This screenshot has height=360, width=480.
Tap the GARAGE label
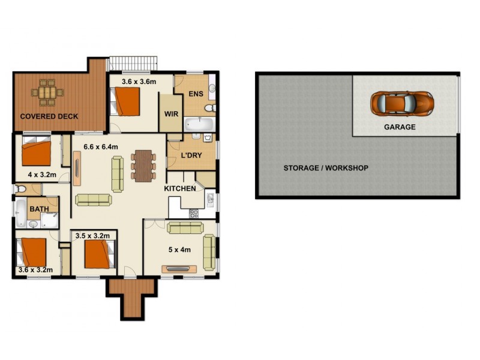coord(400,127)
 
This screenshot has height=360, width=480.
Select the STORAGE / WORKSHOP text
coord(326,168)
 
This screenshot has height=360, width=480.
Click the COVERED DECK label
coord(49,116)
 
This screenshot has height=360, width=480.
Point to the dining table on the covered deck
coord(47,92)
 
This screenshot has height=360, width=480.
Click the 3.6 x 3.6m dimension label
coord(139,82)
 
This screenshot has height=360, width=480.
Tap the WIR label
coord(169,113)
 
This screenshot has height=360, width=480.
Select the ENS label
coord(196,94)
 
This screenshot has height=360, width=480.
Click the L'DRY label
coord(192,156)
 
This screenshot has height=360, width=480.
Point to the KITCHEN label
coord(180,188)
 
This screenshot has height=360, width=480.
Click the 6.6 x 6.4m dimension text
coord(101,147)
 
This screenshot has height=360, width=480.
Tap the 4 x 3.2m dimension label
coord(42,175)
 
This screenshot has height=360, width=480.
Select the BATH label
coord(40,209)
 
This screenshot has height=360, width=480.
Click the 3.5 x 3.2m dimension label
coord(92,236)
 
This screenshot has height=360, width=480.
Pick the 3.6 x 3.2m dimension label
coord(36,270)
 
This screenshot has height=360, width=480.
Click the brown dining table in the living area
coord(143,165)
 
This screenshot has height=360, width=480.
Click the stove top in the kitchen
coord(194,213)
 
